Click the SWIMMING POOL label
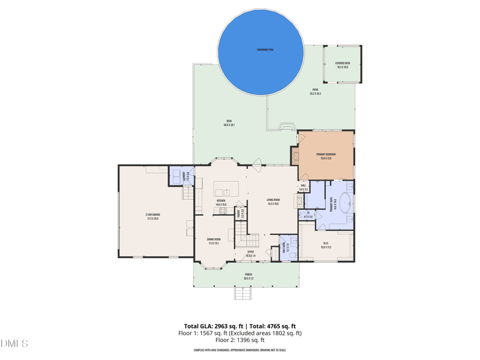(265, 50)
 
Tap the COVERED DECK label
(343, 65)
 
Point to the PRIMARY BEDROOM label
(326, 156)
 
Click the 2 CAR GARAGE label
(152, 216)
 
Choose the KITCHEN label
(221, 202)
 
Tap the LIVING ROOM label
(273, 202)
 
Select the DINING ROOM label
(214, 241)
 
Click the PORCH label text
(248, 276)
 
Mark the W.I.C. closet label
(326, 245)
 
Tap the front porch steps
(243, 293)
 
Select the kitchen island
(227, 188)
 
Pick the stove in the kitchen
(223, 211)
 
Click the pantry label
(239, 213)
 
